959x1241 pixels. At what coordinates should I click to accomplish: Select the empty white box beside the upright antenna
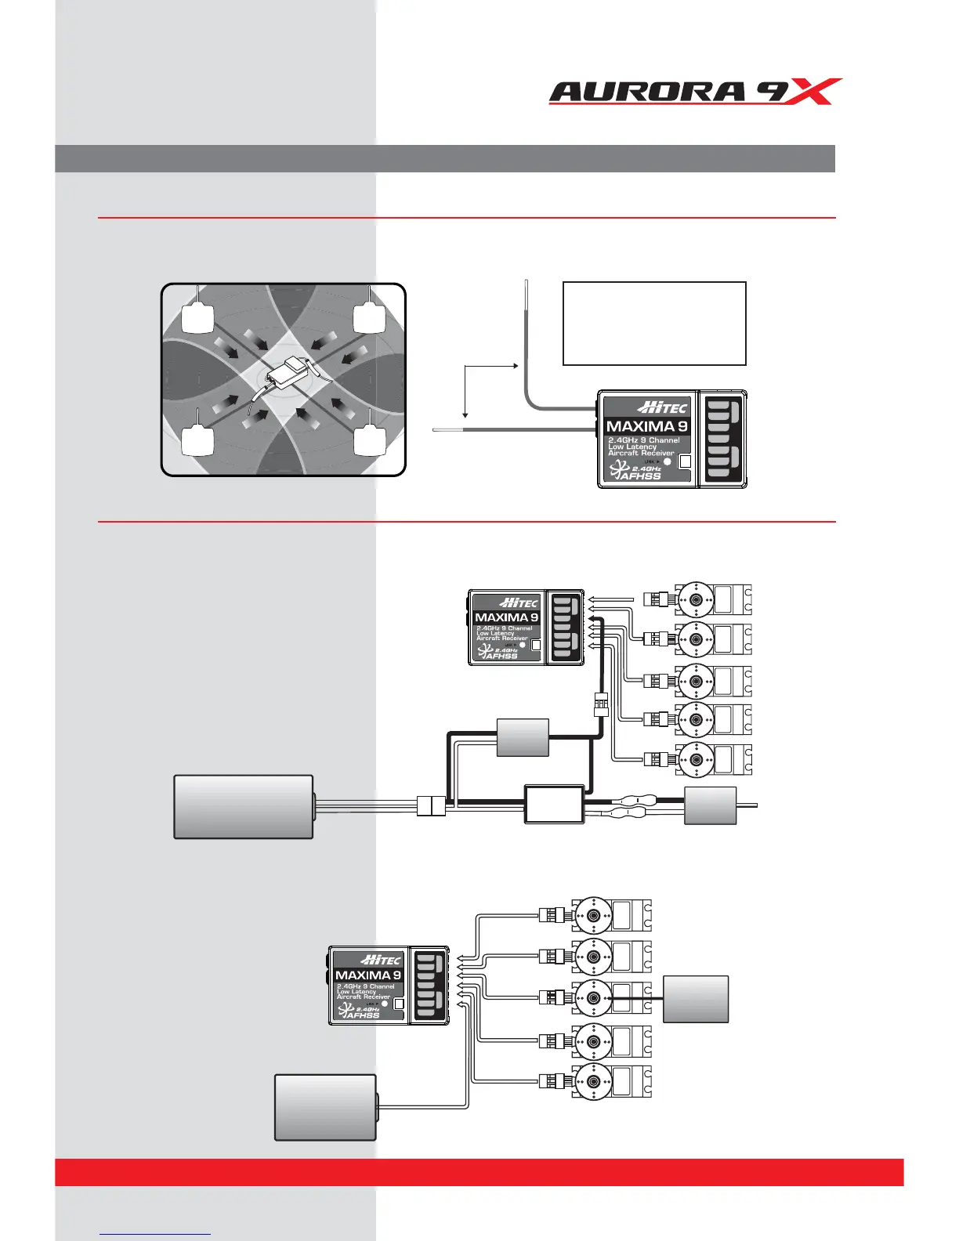[x=654, y=324]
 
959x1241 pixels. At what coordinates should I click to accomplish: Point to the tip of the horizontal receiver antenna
[x=436, y=429]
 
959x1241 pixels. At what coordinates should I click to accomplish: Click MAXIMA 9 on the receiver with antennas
[x=646, y=426]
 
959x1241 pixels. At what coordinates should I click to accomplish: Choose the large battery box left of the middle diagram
[x=244, y=807]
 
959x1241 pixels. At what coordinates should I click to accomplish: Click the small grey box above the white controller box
[x=523, y=736]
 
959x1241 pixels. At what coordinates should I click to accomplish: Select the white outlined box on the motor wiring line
[x=554, y=803]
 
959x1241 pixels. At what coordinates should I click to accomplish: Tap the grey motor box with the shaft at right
[x=710, y=805]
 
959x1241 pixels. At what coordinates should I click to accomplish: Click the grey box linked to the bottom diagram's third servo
[x=696, y=999]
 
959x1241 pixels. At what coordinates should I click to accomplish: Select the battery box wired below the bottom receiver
[x=325, y=1107]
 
